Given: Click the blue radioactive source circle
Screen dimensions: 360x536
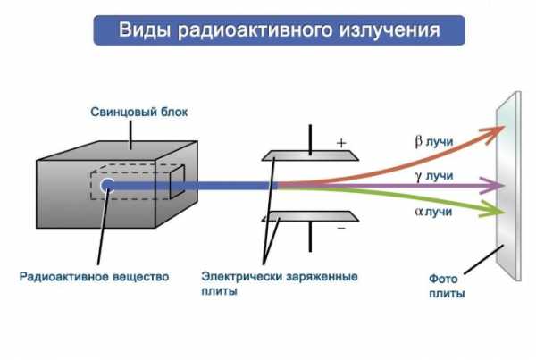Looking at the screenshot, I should [108, 186].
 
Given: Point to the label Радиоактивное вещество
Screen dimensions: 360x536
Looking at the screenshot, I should [94, 276].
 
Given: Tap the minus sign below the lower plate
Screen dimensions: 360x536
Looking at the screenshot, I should [340, 229].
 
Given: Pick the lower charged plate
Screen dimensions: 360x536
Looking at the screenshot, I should [308, 217].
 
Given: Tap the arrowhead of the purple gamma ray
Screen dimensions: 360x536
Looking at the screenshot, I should [494, 187].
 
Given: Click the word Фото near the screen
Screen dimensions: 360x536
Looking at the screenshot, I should [444, 279].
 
